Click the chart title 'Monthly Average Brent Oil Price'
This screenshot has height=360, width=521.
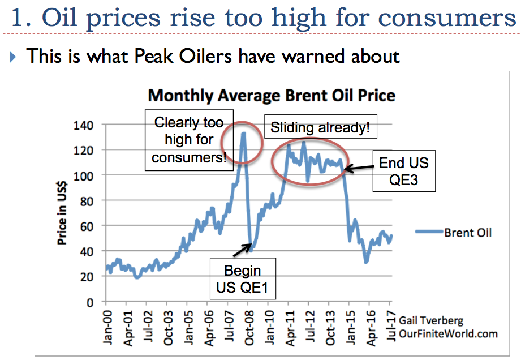271,95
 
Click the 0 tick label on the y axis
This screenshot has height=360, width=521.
96,302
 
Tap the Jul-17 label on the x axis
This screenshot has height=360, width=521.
390,325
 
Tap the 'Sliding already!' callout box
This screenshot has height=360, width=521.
320,128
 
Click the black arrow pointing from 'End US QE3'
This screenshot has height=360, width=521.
359,168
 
